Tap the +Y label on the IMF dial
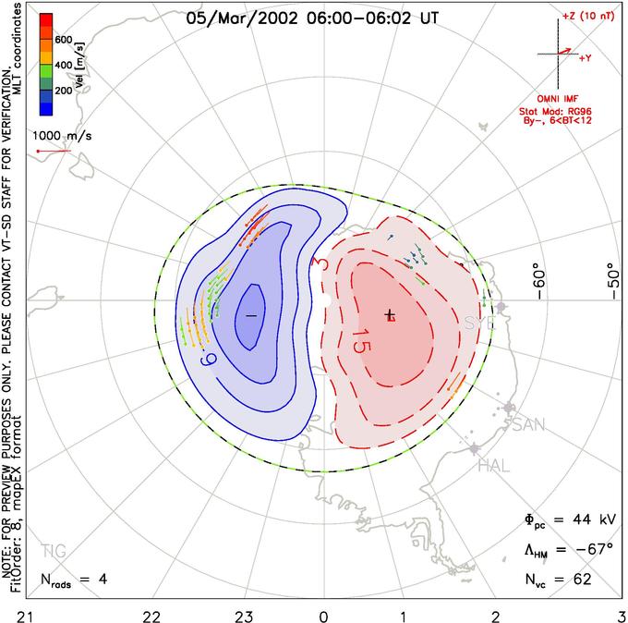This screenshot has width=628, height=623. click(x=586, y=57)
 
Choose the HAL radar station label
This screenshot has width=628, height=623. click(x=494, y=467)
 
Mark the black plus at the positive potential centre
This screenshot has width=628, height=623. click(x=390, y=314)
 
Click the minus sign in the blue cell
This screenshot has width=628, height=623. click(x=250, y=316)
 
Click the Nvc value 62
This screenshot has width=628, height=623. click(x=582, y=580)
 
